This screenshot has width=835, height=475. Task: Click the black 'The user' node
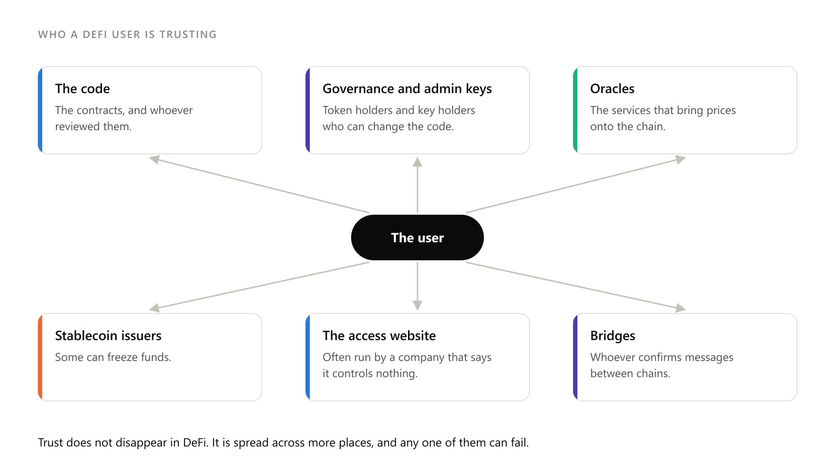click(417, 237)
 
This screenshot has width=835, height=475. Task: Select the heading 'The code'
click(83, 89)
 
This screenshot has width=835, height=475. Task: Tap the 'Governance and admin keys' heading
click(407, 89)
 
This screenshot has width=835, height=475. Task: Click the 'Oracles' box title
click(612, 89)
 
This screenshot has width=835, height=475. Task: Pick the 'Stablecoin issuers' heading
click(108, 336)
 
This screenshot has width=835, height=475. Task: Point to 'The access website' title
click(379, 336)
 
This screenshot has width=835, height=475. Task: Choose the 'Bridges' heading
click(612, 336)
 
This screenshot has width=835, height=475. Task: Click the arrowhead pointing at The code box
click(154, 159)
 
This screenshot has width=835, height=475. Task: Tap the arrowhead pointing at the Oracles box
click(681, 159)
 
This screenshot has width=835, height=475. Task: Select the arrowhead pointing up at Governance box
click(417, 162)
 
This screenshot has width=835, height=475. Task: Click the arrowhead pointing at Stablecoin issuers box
click(154, 308)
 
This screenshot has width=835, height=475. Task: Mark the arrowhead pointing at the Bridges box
click(681, 308)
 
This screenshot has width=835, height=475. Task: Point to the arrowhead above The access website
click(417, 305)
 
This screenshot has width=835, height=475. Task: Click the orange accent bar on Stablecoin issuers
click(40, 357)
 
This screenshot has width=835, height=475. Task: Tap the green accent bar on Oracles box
click(575, 110)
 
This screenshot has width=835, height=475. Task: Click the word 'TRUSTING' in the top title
click(188, 35)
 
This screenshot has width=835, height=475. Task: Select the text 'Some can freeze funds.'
click(113, 357)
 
